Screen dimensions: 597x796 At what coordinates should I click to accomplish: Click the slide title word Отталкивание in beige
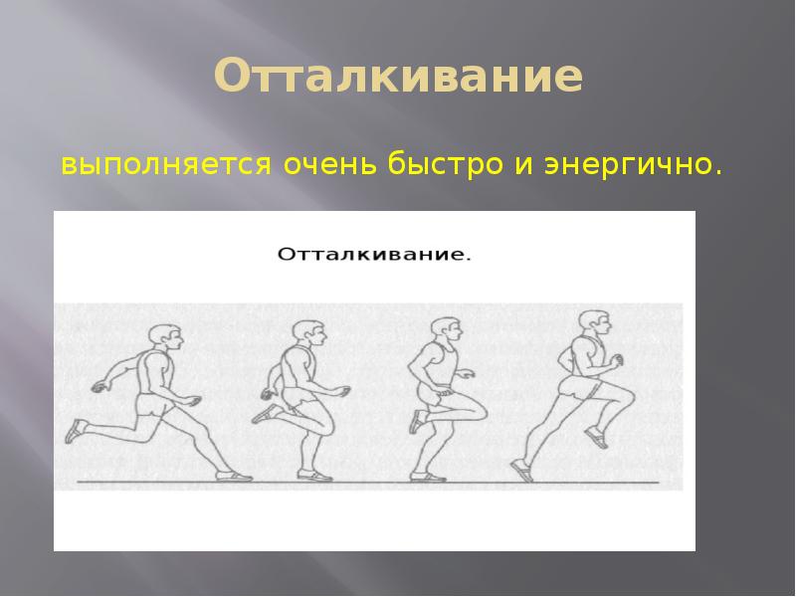(x=398, y=77)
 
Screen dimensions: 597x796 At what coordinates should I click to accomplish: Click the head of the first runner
(x=165, y=337)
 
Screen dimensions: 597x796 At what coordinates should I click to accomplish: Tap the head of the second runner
(x=303, y=336)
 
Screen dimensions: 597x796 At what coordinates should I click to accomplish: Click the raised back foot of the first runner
(x=77, y=431)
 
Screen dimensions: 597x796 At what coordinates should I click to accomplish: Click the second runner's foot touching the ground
(x=319, y=477)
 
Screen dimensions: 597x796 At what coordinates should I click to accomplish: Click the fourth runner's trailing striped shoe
(x=521, y=467)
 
